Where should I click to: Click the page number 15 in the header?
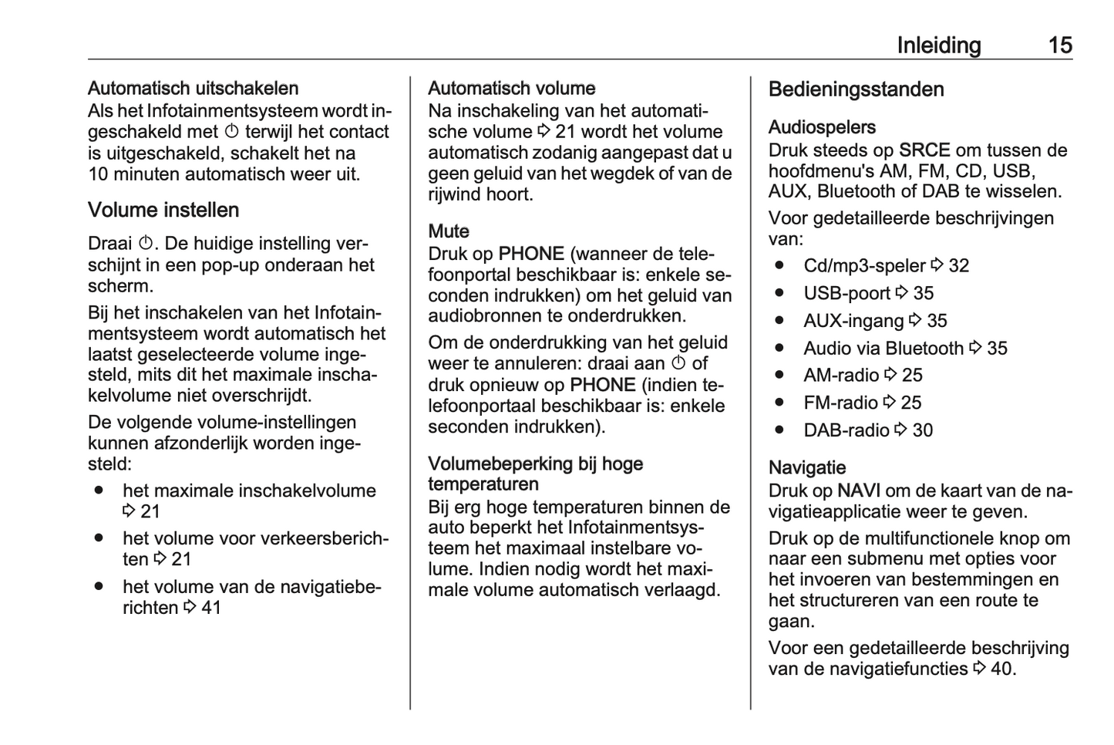(1060, 46)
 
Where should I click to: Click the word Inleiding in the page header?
(938, 46)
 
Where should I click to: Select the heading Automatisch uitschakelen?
(193, 89)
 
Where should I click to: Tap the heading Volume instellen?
(163, 210)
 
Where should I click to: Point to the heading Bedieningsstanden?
(856, 89)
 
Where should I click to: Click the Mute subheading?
(449, 231)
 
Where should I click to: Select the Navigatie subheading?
(807, 467)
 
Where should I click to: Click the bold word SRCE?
(924, 150)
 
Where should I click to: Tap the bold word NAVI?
(859, 491)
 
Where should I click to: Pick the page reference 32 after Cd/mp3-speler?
(959, 266)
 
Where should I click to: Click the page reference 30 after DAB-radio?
(923, 430)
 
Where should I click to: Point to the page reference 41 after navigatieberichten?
(211, 608)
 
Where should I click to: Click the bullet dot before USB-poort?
(780, 293)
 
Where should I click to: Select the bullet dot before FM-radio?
(780, 403)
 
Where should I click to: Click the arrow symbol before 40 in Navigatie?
(979, 669)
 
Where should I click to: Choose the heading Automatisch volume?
(512, 89)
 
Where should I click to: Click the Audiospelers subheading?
(822, 127)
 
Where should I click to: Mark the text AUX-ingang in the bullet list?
(853, 321)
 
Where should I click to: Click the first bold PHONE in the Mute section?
(531, 254)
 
